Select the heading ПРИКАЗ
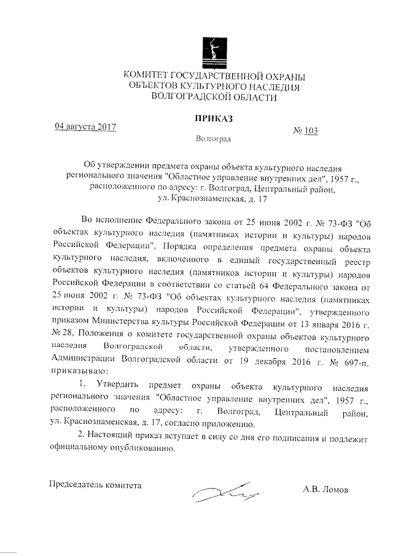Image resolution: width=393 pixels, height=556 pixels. coord(212,117)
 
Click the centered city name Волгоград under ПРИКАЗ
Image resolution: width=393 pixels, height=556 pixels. coord(213,139)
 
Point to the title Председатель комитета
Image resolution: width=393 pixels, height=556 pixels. coord(95,484)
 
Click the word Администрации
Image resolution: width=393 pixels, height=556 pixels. coord(85,360)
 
